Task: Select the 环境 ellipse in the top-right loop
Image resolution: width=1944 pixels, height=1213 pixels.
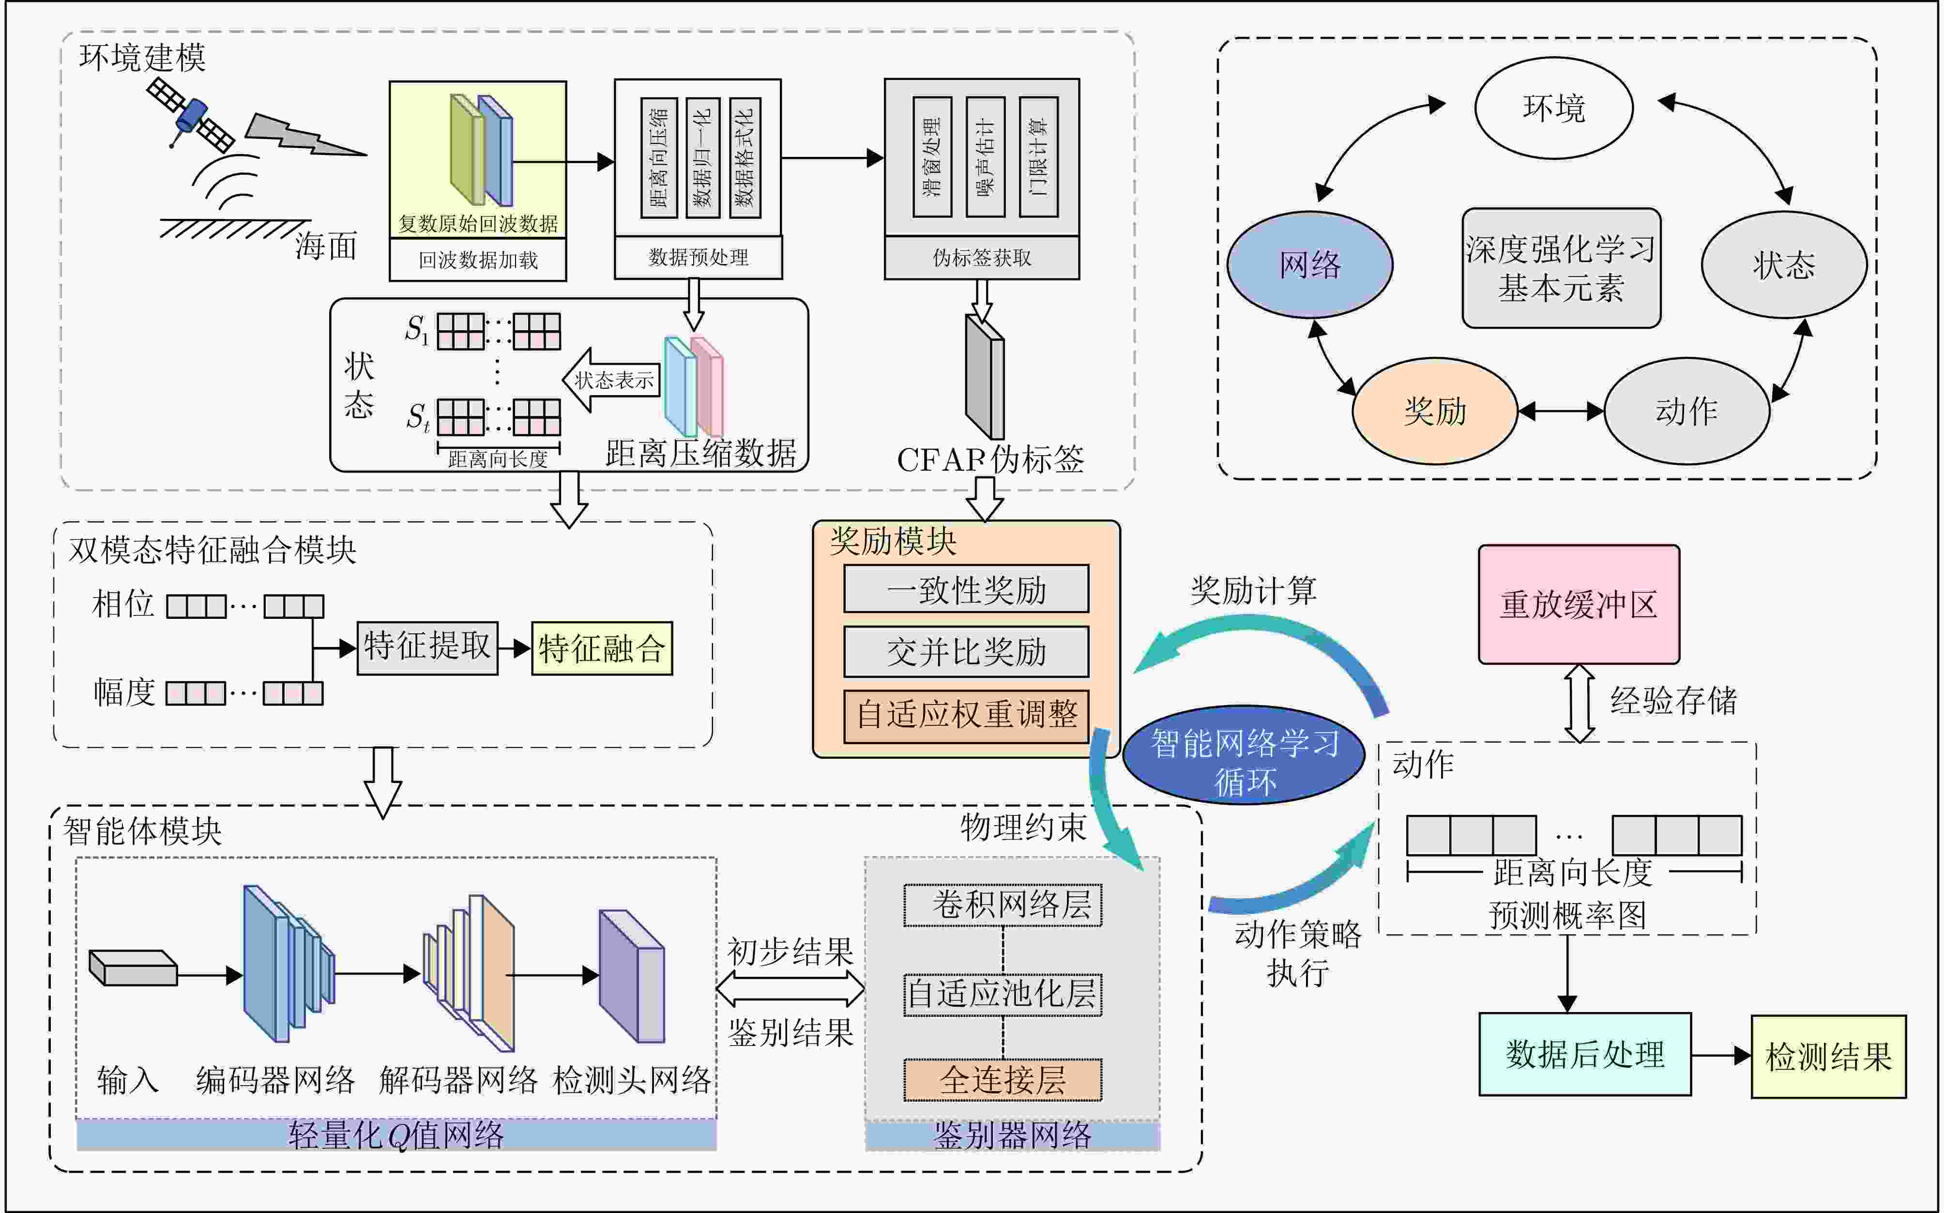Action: pyautogui.click(x=1553, y=107)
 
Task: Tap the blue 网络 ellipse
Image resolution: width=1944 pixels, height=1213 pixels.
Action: pyautogui.click(x=1309, y=264)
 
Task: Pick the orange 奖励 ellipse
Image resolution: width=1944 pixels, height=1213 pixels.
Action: pyautogui.click(x=1435, y=411)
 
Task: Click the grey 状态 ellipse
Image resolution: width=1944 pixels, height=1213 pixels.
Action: pyautogui.click(x=1784, y=264)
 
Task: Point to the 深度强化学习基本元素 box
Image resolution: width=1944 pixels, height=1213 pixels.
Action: pyautogui.click(x=1561, y=268)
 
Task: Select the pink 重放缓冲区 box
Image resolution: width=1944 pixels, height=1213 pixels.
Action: pyautogui.click(x=1579, y=604)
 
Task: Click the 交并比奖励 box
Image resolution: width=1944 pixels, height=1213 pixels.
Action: pyautogui.click(x=966, y=651)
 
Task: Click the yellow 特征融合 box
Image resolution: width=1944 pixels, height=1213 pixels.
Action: pyautogui.click(x=602, y=648)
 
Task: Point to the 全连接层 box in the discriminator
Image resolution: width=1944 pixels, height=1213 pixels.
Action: pyautogui.click(x=1002, y=1080)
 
